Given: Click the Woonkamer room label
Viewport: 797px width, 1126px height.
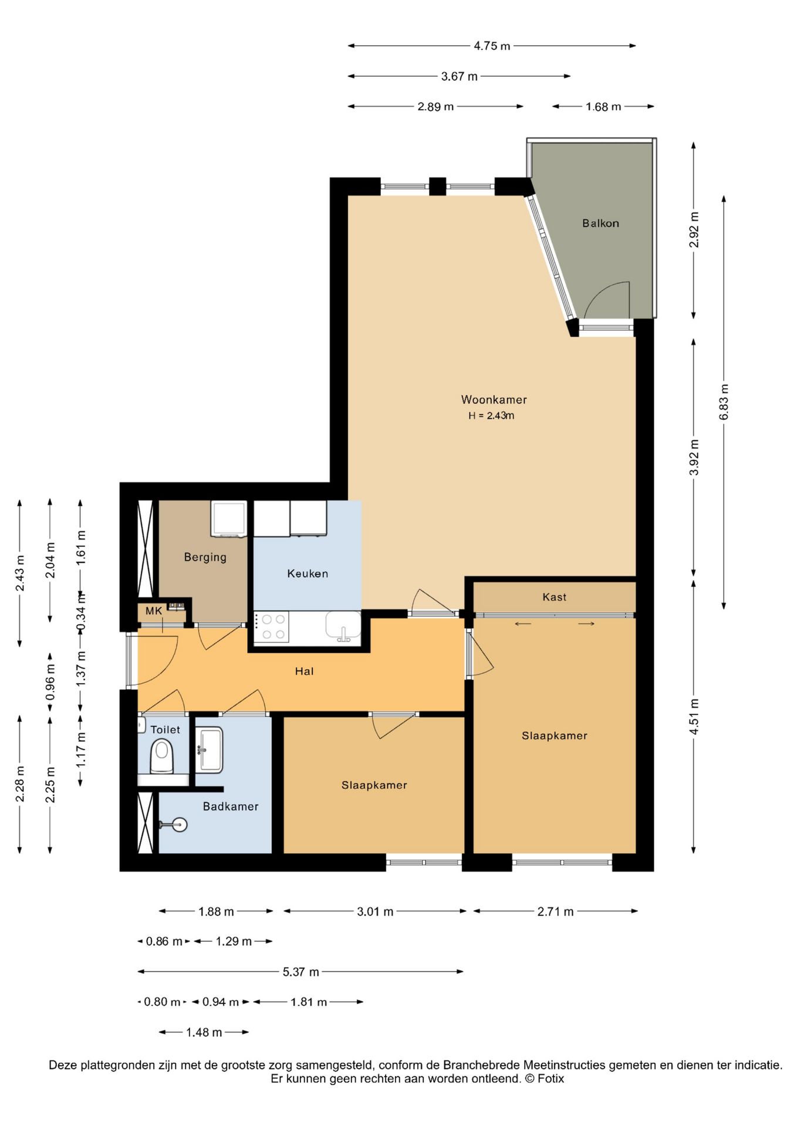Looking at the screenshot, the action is (494, 400).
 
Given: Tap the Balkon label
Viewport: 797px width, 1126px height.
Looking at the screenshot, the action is (600, 223).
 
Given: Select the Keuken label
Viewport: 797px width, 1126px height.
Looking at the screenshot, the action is (308, 574).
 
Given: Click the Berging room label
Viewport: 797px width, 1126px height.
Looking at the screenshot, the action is (205, 557).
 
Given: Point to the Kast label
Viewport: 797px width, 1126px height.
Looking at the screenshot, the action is (555, 597).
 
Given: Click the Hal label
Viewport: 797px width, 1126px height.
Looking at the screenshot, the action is (304, 671).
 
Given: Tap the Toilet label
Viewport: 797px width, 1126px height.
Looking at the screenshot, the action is (165, 730).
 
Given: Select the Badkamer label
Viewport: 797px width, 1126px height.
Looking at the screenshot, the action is (231, 806).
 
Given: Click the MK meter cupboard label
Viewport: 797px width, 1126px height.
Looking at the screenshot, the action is (154, 611).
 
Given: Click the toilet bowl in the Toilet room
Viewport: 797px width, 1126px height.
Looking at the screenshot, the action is (162, 757).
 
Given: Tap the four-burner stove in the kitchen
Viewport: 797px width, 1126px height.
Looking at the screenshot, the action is (272, 626).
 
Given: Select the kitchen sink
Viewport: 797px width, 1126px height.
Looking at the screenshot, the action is (343, 625).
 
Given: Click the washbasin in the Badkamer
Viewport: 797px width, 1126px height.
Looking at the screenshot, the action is (210, 750).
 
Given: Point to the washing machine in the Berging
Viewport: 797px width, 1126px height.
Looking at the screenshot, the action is (229, 518).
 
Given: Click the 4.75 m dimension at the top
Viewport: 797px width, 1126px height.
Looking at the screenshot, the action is (492, 46).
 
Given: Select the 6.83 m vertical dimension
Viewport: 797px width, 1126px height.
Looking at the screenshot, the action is (724, 402).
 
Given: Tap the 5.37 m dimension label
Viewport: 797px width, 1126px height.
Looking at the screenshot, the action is (301, 972).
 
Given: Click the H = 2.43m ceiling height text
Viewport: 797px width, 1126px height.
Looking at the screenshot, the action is (491, 416).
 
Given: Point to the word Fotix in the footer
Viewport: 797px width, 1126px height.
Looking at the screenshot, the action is (550, 1078).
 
